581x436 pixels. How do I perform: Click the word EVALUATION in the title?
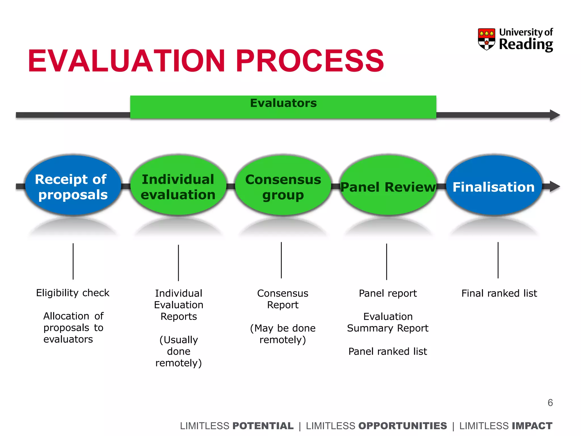126,61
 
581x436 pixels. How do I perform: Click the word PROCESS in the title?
310,61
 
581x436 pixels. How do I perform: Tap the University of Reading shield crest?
486,39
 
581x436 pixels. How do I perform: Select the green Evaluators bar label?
283,103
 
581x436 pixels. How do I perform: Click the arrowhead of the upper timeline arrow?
555,115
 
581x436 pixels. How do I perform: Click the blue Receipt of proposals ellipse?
73,186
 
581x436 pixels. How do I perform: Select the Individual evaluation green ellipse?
178,186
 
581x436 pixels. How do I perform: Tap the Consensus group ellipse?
283,186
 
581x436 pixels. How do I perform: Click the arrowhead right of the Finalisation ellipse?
555,186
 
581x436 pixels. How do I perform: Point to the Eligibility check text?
73,293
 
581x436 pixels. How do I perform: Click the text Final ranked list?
499,293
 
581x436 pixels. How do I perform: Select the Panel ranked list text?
388,351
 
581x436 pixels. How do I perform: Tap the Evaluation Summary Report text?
388,322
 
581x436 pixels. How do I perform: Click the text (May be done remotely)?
283,334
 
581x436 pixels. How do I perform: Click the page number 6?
550,403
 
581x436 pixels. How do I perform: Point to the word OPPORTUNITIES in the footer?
403,426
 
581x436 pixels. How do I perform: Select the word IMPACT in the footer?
532,426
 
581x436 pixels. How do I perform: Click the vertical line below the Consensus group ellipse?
281,260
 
